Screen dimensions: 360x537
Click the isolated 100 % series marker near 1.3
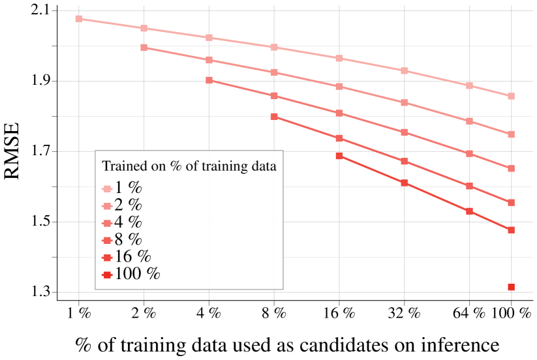[x=511, y=287]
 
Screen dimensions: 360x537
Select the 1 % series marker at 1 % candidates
[x=79, y=19]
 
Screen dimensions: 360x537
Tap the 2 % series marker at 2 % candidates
[x=144, y=48]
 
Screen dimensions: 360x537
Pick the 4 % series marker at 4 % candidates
[x=209, y=80]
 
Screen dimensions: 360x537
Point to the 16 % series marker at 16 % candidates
[x=339, y=156]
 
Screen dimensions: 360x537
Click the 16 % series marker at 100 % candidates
[x=511, y=230]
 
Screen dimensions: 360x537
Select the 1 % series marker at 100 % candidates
[x=511, y=96]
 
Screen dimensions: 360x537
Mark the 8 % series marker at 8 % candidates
[x=274, y=117]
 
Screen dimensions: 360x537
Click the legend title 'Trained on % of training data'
[x=189, y=166]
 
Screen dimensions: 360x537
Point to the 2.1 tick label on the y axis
[x=38, y=11]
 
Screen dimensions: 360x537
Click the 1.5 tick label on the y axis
[x=38, y=222]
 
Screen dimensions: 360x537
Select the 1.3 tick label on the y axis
[x=38, y=292]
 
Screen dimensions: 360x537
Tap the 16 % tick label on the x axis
[x=339, y=313]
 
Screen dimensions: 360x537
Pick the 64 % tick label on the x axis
[x=469, y=313]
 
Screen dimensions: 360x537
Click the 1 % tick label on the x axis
[x=79, y=313]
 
